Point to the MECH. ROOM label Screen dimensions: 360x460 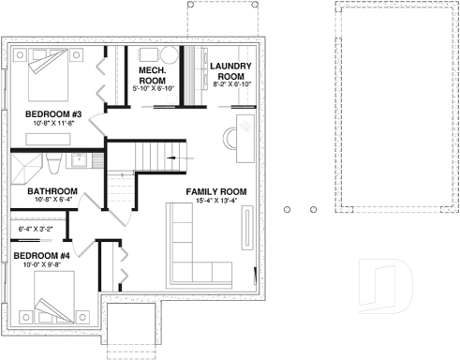(x=152, y=74)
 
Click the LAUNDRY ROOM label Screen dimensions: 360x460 (x=229, y=70)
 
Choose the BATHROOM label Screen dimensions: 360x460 (x=38, y=189)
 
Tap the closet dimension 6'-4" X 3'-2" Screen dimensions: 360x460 (x=36, y=228)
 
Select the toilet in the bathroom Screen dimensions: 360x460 (x=56, y=166)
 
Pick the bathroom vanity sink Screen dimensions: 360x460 (x=81, y=160)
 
